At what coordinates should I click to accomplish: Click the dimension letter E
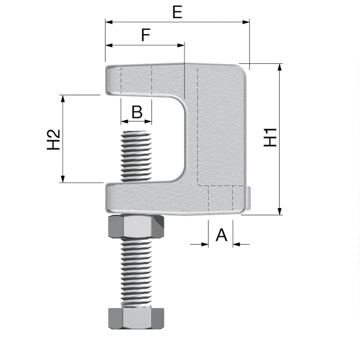pos(177,12)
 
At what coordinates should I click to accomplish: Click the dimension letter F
pos(146,35)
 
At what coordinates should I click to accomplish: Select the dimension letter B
pos(137,112)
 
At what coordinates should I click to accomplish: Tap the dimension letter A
pos(221,235)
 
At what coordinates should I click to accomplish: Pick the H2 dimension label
pos(54,139)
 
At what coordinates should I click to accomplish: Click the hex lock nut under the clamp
pos(136,227)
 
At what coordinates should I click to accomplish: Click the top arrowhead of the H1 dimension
pos(280,67)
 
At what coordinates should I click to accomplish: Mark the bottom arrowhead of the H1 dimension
pos(280,211)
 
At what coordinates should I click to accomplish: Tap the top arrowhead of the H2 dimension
pos(63,98)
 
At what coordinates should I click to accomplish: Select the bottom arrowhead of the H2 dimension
pos(63,178)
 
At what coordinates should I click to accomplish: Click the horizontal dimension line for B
pos(137,122)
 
